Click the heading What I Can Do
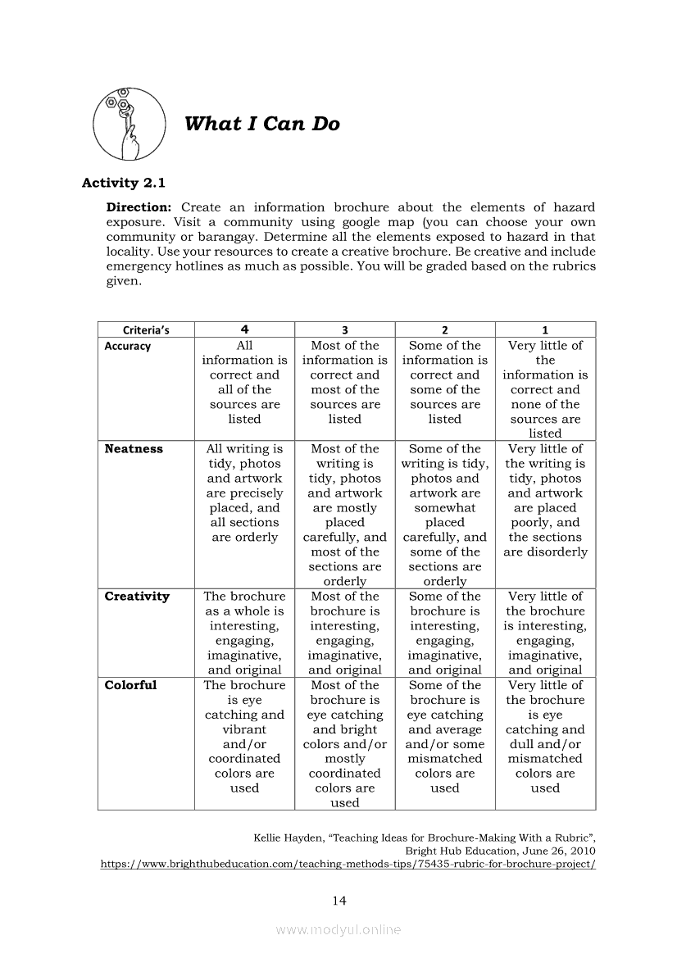click(261, 125)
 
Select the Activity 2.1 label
click(123, 183)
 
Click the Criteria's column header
click(146, 329)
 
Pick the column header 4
click(244, 329)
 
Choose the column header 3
click(344, 329)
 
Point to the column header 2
click(445, 329)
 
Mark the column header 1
click(545, 329)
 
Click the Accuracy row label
click(128, 346)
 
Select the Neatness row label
click(134, 449)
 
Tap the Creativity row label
click(137, 597)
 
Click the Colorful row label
click(130, 685)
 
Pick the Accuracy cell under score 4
click(244, 382)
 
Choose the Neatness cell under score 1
click(545, 500)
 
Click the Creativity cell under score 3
click(344, 633)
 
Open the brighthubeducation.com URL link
click(348, 864)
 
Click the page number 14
click(339, 901)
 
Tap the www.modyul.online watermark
click(338, 929)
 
